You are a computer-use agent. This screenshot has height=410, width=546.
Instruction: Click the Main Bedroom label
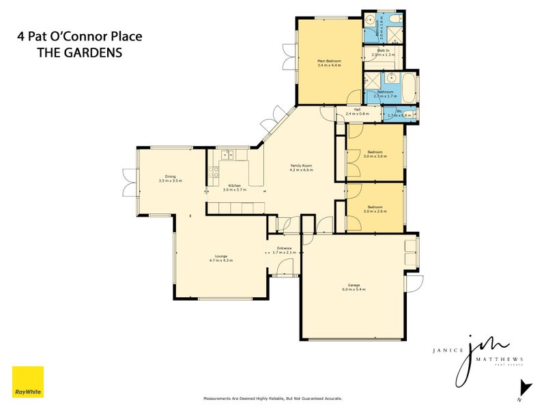(329, 61)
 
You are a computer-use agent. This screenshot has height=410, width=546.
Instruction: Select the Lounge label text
(220, 256)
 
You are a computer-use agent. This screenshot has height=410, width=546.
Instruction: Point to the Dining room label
(170, 176)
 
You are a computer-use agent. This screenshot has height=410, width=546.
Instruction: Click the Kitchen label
(233, 185)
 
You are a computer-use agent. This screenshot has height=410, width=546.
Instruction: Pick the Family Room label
(301, 165)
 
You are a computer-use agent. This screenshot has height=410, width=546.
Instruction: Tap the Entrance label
(284, 248)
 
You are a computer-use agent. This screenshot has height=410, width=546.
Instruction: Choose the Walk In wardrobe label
(381, 50)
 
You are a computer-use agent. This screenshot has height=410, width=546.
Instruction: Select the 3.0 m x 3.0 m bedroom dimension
(375, 156)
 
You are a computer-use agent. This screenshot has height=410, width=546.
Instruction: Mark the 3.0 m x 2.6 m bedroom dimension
(375, 211)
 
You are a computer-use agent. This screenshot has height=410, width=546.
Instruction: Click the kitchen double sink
(227, 155)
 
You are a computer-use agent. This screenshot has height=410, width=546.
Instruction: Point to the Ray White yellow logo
(28, 382)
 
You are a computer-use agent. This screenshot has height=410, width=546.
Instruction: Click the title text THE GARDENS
(79, 53)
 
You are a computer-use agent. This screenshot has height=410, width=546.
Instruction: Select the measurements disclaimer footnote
(273, 398)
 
